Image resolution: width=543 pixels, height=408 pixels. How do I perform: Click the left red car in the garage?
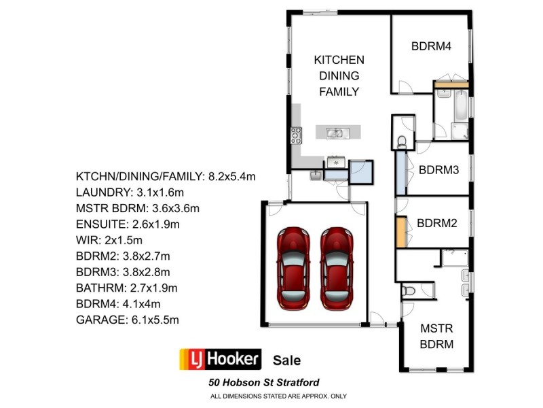[x=293, y=267]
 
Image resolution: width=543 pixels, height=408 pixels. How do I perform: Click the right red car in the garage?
[x=337, y=267]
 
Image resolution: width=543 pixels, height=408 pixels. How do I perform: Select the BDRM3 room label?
[x=439, y=170]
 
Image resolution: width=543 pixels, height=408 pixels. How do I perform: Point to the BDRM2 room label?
[x=437, y=222]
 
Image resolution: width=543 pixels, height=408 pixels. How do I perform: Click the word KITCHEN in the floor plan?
[x=339, y=60]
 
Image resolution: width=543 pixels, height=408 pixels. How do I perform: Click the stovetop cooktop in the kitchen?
[x=296, y=135]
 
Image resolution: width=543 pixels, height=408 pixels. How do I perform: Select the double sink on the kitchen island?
[x=335, y=133]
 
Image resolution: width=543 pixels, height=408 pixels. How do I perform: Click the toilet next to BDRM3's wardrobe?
[x=401, y=141]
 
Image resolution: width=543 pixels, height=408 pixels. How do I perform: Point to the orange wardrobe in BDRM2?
[x=401, y=231]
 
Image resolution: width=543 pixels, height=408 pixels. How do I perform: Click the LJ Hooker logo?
[x=219, y=359]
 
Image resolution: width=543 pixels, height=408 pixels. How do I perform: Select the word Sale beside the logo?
[x=286, y=360]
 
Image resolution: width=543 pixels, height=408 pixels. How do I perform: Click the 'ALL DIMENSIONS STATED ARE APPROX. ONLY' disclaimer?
[x=279, y=396]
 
